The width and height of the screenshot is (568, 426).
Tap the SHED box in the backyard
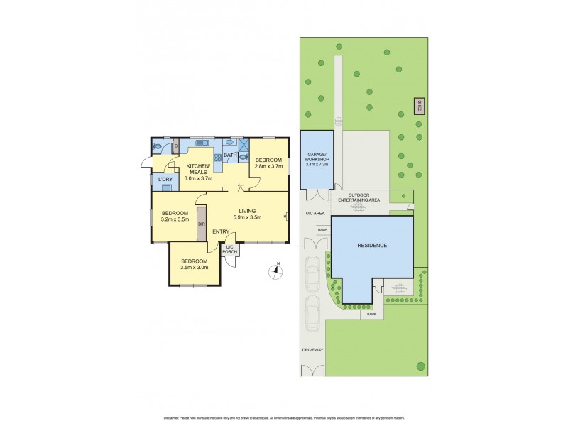(419, 106)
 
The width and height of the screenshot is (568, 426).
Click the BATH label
(231, 155)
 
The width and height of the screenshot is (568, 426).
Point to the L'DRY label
(165, 180)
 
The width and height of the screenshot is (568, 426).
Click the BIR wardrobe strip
(202, 224)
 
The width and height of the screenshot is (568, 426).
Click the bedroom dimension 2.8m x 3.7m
(269, 166)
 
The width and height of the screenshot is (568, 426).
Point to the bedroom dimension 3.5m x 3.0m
(194, 268)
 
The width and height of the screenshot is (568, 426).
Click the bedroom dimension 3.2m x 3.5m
(175, 220)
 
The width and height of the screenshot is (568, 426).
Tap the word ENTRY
(220, 231)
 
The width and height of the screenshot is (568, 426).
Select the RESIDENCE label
(372, 245)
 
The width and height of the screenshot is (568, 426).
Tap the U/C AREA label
(315, 212)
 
